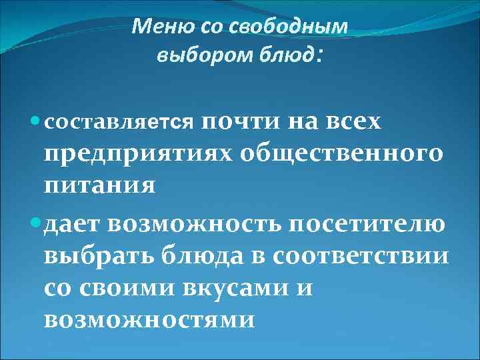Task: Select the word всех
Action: [x=361, y=121]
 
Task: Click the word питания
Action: [x=100, y=184]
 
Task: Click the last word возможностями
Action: [x=148, y=320]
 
